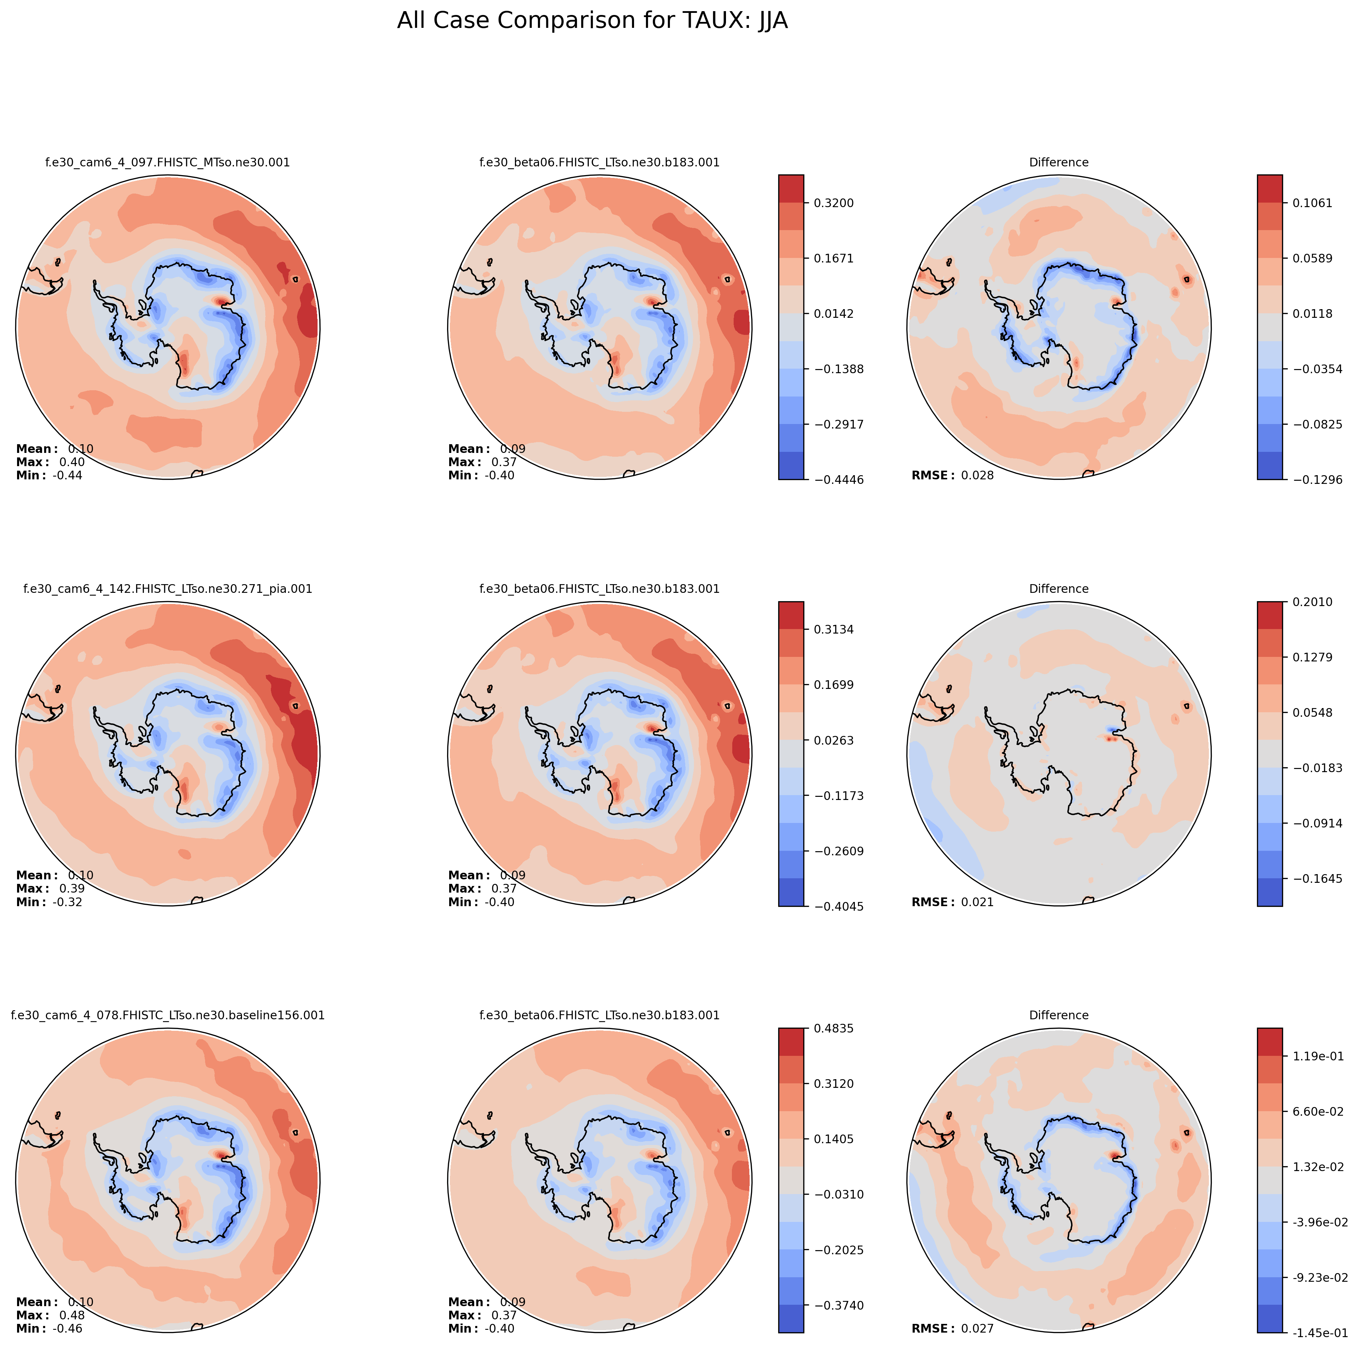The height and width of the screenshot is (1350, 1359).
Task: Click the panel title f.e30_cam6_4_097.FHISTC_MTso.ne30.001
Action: tap(167, 163)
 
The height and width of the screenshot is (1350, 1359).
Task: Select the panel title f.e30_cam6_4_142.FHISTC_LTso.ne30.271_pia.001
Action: tap(167, 589)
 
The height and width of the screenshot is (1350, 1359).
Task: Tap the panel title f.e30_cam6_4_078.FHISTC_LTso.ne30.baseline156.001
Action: tap(167, 1015)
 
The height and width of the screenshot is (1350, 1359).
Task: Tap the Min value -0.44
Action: tap(68, 475)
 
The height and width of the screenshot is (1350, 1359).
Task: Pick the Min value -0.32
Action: tap(68, 902)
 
